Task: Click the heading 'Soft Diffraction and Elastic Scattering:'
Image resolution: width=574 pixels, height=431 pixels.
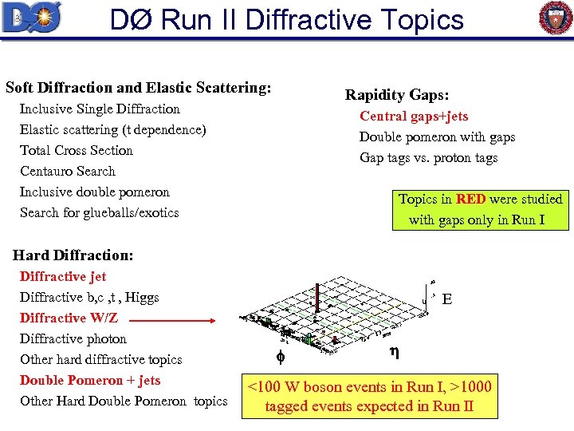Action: click(138, 87)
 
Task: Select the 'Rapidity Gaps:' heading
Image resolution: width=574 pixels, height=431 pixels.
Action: click(396, 95)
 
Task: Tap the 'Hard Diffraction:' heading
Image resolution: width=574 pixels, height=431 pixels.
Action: click(73, 255)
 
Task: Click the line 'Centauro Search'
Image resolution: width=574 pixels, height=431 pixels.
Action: click(68, 171)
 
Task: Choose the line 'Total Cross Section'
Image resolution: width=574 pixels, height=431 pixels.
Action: click(77, 150)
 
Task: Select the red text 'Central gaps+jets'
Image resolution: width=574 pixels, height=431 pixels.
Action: click(414, 117)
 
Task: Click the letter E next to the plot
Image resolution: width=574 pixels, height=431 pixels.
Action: click(447, 299)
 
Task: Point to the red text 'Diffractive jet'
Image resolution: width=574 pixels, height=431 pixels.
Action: click(63, 276)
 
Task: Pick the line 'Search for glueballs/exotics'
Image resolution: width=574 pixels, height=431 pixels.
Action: click(99, 212)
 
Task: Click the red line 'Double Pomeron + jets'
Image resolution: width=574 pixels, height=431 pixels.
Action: click(90, 380)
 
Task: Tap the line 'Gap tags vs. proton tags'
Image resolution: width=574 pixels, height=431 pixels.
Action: click(428, 158)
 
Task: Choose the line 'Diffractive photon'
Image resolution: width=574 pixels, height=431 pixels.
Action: click(73, 338)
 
